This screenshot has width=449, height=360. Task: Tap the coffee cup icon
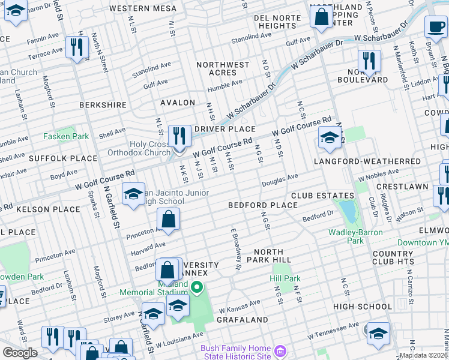435,26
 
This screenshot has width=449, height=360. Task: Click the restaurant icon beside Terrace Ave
76,47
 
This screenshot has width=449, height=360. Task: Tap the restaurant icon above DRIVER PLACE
179,136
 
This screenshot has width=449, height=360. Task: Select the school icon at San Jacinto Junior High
133,194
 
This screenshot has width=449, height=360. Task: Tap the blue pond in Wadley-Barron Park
346,211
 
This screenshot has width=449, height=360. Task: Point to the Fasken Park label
65,136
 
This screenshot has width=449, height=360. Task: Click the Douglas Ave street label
279,178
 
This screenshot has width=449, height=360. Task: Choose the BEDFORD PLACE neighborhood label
262,205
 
